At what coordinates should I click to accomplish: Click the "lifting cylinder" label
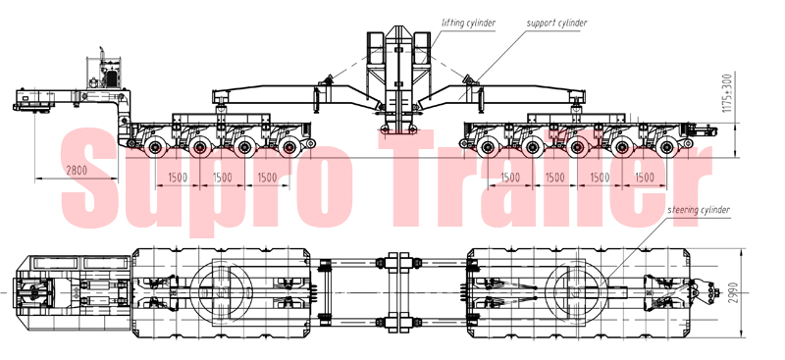pos(469,23)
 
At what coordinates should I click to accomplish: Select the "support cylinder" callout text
pos(556,23)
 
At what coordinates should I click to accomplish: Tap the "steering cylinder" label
pos(699,210)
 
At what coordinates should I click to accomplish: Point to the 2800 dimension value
pos(77,171)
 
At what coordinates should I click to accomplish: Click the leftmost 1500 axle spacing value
pos(178,178)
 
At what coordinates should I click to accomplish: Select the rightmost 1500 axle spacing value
pos(645,178)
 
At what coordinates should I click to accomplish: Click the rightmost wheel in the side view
pos(666,147)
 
